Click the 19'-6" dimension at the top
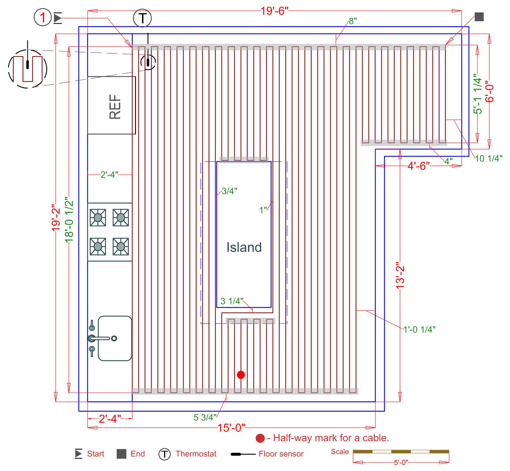(x=275, y=11)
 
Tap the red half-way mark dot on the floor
(x=241, y=375)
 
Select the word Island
(x=244, y=247)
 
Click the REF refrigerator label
(x=115, y=107)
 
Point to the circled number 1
(x=43, y=17)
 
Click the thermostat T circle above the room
(x=142, y=18)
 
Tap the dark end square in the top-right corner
(x=479, y=17)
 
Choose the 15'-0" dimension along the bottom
(x=231, y=428)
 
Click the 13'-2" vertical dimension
(x=400, y=276)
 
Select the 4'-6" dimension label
(x=419, y=166)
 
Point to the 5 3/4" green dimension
(x=205, y=417)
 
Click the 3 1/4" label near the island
(x=232, y=301)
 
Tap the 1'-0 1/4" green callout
(x=419, y=329)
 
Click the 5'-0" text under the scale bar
(x=401, y=463)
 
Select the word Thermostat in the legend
(x=196, y=454)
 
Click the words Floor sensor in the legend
(x=281, y=454)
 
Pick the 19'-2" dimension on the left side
(x=56, y=218)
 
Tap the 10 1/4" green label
(x=489, y=158)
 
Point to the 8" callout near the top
(x=353, y=21)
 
